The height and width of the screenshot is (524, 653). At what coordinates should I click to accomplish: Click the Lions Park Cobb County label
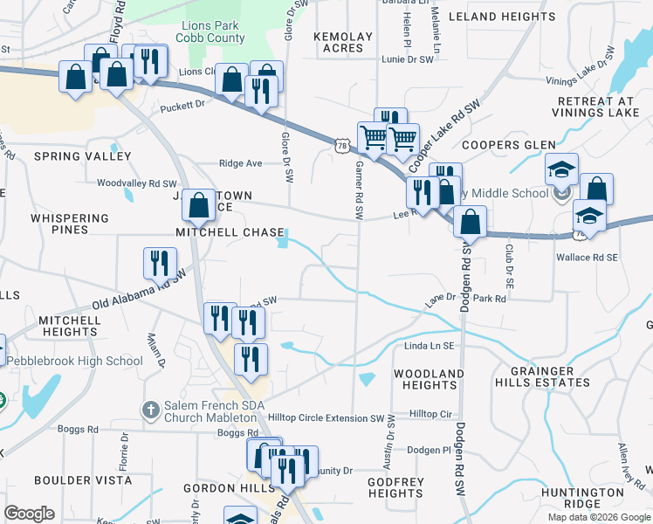click(x=210, y=32)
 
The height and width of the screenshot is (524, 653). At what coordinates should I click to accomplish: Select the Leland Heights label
click(x=501, y=17)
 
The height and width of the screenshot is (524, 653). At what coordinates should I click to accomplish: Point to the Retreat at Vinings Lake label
click(x=592, y=107)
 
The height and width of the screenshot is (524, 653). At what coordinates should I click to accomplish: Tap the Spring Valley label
click(x=82, y=156)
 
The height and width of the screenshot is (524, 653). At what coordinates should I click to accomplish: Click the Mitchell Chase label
click(x=230, y=233)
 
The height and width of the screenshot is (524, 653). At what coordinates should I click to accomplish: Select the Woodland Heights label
click(x=428, y=379)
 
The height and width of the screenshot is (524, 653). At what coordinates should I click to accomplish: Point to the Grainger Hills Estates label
click(x=546, y=376)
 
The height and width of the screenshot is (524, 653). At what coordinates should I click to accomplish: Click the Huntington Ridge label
click(x=581, y=498)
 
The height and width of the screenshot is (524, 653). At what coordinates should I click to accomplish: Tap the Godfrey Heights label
click(x=395, y=487)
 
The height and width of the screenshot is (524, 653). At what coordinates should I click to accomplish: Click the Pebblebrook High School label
click(x=74, y=361)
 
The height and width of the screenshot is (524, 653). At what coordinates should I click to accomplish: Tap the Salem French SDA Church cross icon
click(x=150, y=410)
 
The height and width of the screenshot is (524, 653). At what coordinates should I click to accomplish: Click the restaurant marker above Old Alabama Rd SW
click(x=160, y=262)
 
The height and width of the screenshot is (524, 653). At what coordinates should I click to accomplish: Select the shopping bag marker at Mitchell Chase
click(x=199, y=206)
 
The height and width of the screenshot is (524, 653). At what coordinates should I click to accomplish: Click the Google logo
click(x=29, y=514)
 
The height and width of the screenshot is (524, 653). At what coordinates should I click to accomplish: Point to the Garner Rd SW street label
click(x=358, y=189)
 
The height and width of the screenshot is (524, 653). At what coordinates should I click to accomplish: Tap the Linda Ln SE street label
click(x=430, y=347)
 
